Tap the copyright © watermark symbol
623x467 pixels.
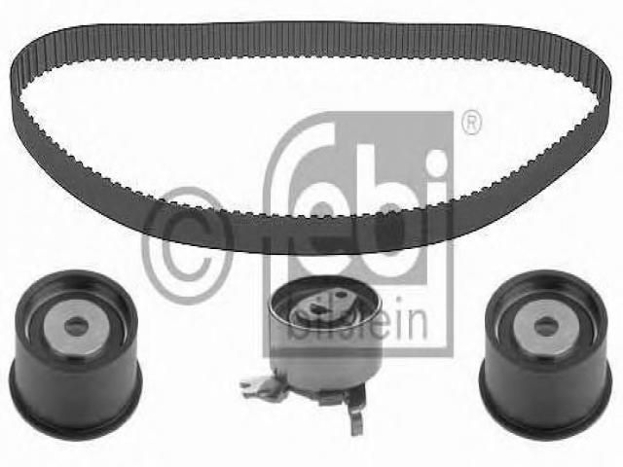click(x=188, y=246)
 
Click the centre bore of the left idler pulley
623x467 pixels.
click(x=76, y=327)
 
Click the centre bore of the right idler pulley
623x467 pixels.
click(x=546, y=327)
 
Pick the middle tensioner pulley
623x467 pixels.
click(x=324, y=338)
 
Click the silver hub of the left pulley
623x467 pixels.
click(x=76, y=327)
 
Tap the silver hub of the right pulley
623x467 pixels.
click(x=546, y=327)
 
